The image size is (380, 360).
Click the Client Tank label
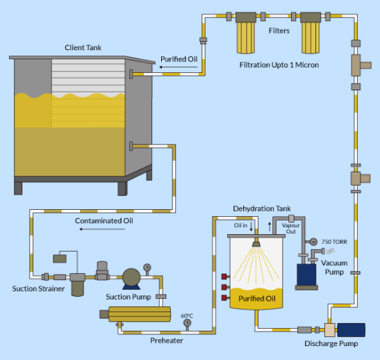(83, 47)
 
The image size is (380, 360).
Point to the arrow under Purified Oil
(179, 67)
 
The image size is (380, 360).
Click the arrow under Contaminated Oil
(102, 229)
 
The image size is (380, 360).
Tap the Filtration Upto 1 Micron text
(279, 65)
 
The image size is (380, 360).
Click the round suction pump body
(131, 277)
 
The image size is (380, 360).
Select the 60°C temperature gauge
(187, 323)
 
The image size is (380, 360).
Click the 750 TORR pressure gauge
(313, 242)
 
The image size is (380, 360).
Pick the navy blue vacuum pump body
(306, 275)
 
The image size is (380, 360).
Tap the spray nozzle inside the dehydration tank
(256, 244)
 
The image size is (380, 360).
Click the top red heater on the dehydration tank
(224, 277)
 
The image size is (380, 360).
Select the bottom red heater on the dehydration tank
(224, 297)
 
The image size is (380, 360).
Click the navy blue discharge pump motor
(351, 330)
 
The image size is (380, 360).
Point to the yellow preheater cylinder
(140, 314)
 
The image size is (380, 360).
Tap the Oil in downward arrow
(251, 227)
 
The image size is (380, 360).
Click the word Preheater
(167, 341)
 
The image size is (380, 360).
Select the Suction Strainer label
(38, 288)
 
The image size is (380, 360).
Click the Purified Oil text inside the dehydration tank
(257, 298)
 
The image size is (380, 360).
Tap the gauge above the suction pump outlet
(147, 268)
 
